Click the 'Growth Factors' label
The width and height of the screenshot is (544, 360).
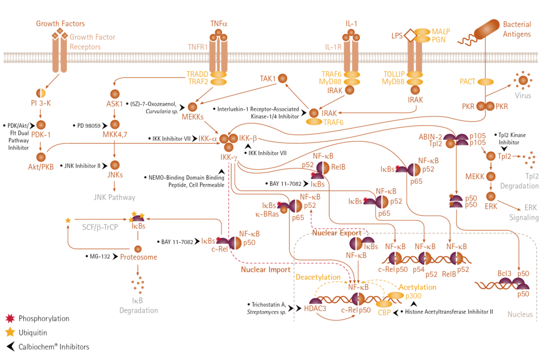tap(60, 23)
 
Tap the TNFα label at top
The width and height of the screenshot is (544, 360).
tap(219, 23)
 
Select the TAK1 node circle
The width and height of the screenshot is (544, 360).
tap(282, 79)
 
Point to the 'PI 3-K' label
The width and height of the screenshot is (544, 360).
tap(41, 103)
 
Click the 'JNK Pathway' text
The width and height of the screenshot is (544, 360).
tap(115, 197)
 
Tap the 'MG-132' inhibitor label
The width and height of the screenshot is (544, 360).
tap(100, 256)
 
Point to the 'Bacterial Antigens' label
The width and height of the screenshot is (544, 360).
tap(517, 30)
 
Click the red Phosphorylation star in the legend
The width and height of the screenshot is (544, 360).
tap(9, 318)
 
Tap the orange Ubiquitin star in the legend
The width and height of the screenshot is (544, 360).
tap(9, 332)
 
